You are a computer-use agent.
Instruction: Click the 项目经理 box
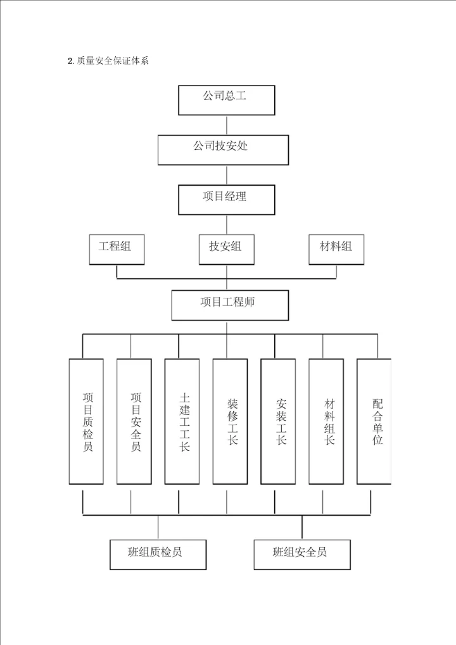point(227,199)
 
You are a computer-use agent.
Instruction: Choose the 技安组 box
point(227,249)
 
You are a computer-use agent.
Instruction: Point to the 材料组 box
point(336,249)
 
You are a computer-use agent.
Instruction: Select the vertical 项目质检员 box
point(87,421)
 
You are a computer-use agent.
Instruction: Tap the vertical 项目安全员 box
point(134,421)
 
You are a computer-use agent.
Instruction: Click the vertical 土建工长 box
point(183,421)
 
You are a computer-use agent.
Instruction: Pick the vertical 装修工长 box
point(231,421)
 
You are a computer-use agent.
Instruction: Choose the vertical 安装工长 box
point(279,421)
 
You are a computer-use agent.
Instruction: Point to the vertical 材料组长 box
point(327,421)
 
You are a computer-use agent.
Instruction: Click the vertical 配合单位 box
point(374,421)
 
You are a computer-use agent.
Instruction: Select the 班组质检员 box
point(158,553)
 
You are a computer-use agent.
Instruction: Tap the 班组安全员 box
point(302,553)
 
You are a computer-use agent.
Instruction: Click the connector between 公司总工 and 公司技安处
point(227,124)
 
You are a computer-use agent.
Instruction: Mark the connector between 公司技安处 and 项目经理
point(227,174)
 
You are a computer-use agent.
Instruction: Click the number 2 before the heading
point(69,61)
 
